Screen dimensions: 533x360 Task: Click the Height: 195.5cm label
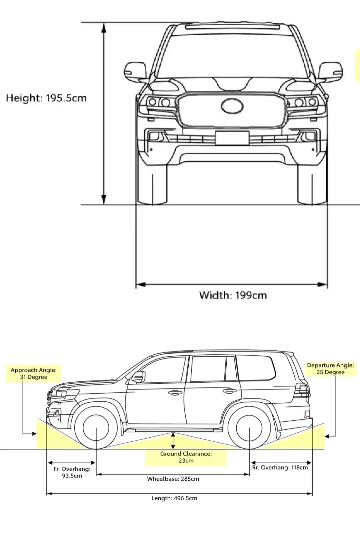tap(46, 98)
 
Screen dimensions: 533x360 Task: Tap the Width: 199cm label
tap(233, 295)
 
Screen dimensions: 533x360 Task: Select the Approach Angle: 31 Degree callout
tap(34, 373)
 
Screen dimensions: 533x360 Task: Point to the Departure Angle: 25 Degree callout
tap(330, 369)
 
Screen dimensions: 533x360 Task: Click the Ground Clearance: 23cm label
tap(186, 457)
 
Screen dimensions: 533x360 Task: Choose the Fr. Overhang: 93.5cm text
tap(72, 472)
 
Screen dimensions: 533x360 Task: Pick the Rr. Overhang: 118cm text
tap(280, 467)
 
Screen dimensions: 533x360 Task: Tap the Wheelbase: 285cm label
tap(173, 479)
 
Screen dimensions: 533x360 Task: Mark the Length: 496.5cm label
tap(174, 498)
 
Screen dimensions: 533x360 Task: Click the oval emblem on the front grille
tap(232, 106)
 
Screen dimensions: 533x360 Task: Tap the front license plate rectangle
tap(232, 138)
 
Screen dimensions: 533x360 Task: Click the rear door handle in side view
tap(230, 391)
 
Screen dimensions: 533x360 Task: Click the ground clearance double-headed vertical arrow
tap(173, 441)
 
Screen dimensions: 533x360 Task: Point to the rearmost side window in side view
tap(256, 368)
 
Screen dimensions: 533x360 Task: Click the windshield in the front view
tap(232, 55)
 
